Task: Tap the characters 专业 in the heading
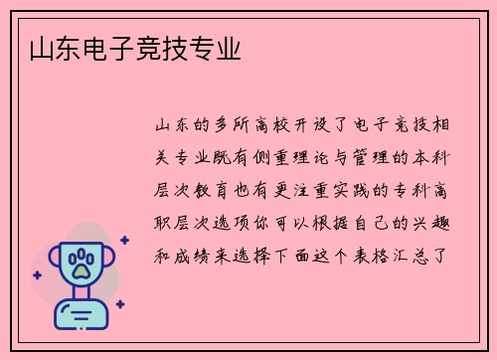coord(219,49)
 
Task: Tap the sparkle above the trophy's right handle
coord(123,240)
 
